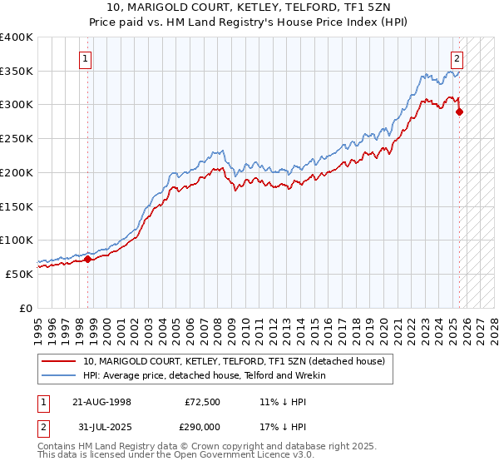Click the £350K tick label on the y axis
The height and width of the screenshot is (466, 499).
tap(17, 72)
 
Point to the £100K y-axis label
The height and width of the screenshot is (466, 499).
tap(17, 240)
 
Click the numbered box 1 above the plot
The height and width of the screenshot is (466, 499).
tap(87, 58)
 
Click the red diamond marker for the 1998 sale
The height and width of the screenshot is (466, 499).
tap(87, 260)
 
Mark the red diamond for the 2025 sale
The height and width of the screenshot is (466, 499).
tap(459, 112)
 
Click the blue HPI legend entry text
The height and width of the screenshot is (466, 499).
tap(205, 376)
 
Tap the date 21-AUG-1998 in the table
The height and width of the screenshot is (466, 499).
tap(101, 401)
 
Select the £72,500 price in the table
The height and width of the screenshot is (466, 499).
tap(203, 401)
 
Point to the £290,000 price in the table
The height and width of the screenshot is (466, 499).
tap(203, 429)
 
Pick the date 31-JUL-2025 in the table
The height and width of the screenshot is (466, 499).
tap(101, 429)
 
